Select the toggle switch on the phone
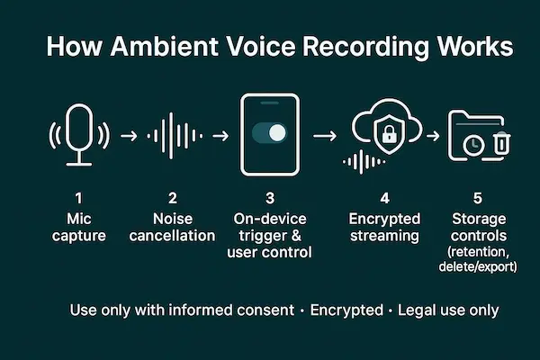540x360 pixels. point(269,133)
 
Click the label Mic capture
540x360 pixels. point(78,227)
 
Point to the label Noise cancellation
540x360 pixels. point(172,227)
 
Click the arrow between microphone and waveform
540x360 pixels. point(128,137)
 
